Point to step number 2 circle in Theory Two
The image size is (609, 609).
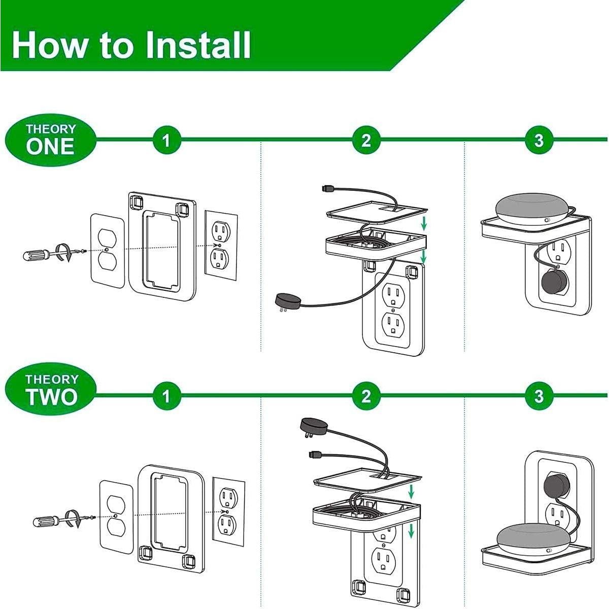(x=366, y=395)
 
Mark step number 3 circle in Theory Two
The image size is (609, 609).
(x=539, y=395)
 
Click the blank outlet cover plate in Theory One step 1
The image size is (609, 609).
(x=107, y=251)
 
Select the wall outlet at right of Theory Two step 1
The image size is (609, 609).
(x=228, y=510)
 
